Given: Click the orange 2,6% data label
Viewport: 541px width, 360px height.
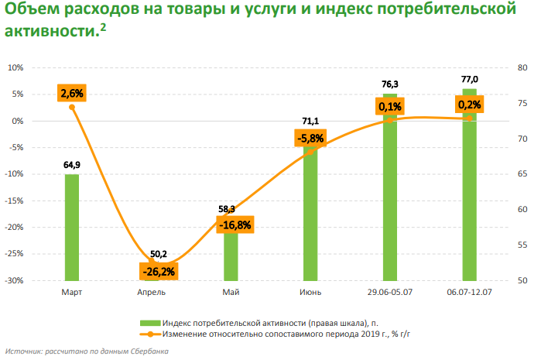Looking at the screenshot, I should click(72, 94).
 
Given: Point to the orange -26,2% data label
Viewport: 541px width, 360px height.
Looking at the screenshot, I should click(158, 272).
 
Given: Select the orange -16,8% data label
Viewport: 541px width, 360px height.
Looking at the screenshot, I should click(235, 225).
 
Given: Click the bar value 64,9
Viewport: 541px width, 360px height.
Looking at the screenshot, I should click(72, 165).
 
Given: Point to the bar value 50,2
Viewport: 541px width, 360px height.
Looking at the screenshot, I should click(159, 254).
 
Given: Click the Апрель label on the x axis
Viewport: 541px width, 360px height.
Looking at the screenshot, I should click(152, 293).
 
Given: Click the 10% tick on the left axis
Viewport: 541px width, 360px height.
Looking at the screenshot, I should click(17, 67).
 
